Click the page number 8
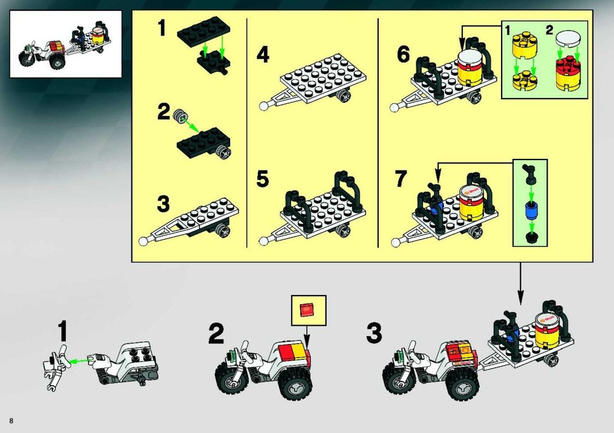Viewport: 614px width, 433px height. pos(11,421)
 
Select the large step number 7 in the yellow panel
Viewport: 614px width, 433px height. pos(401,178)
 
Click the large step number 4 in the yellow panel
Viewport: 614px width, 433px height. pos(263,55)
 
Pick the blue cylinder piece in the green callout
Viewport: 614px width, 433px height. pos(531,212)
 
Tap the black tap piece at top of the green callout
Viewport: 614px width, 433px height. pos(529,174)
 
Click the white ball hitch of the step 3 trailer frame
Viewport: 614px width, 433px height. pos(144,240)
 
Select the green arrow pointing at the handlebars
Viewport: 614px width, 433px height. pos(79,360)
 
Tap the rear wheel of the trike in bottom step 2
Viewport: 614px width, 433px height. pos(295,384)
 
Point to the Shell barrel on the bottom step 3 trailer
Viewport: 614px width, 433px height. pos(548,328)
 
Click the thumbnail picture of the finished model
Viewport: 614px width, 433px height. pos(66,44)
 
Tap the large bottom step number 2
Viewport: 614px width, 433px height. pos(216,333)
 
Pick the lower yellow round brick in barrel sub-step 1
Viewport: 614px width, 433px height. pos(525,80)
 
